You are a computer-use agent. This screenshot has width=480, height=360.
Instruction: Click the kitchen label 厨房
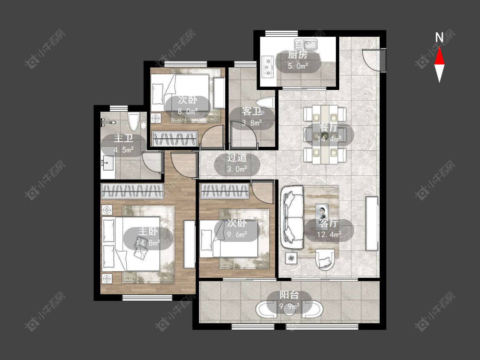point(297,55)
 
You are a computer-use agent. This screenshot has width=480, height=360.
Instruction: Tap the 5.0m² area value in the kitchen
point(297,66)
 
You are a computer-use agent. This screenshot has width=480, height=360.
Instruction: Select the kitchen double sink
point(306,44)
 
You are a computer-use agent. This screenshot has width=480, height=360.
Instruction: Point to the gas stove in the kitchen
point(268,66)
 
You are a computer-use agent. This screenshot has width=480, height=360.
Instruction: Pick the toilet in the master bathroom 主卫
point(134,122)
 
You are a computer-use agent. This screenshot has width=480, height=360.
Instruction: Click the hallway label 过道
point(237,157)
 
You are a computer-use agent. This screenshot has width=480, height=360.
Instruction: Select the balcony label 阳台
point(289,295)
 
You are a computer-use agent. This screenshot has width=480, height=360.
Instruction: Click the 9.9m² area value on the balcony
point(289,306)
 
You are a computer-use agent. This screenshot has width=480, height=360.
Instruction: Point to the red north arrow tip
point(439,47)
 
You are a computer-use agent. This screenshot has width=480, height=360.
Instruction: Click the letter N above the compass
point(439,38)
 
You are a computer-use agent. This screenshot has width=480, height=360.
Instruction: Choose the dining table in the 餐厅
point(325,134)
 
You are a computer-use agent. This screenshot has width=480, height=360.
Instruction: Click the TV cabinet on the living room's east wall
point(372,224)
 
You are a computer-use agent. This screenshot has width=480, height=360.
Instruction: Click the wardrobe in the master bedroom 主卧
point(132,192)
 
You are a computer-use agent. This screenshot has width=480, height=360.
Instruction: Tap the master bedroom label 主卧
point(148,232)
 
